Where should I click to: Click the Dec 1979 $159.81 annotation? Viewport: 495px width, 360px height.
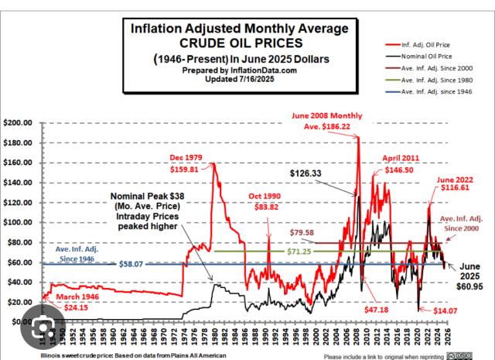(x=187, y=164)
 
